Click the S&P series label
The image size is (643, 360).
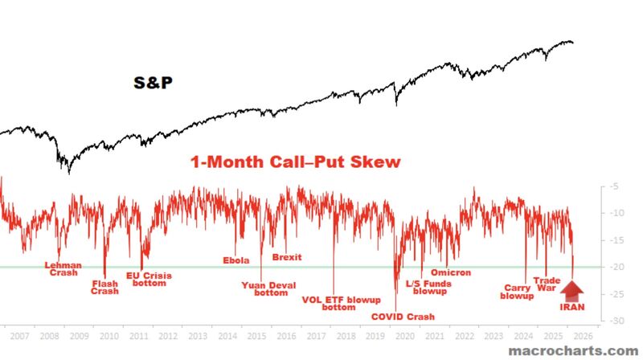coord(154,83)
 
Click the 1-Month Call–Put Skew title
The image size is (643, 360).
coord(295,162)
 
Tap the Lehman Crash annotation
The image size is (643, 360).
coord(63,268)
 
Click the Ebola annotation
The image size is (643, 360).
coord(236,260)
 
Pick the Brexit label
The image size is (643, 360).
coord(287,257)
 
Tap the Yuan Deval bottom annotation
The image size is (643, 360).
coord(265,288)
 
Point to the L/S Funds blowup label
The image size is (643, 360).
coord(427,287)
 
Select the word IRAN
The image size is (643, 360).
coord(572,306)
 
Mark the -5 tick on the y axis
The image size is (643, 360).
coord(614,186)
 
